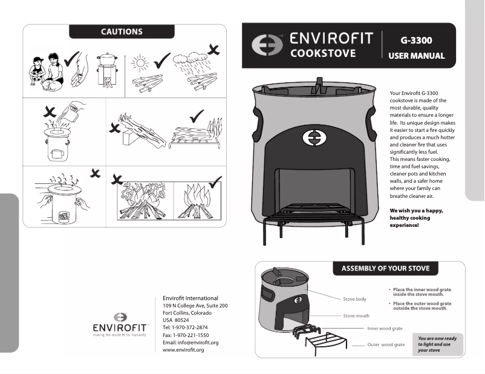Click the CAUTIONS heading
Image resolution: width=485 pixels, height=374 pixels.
click(122, 31)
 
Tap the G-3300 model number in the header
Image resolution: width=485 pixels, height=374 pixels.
click(415, 41)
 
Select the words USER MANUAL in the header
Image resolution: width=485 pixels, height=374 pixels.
click(416, 56)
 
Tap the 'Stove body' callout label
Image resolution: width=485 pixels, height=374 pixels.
click(354, 300)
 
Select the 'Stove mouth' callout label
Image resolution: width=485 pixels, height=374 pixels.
click(356, 316)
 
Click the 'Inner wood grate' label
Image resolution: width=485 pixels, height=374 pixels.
click(385, 329)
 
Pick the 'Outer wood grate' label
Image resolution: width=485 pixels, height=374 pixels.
click(386, 344)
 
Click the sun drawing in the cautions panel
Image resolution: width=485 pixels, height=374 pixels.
click(140, 63)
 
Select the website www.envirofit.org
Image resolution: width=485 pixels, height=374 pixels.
click(183, 350)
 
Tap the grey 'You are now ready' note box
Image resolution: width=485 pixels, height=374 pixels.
click(440, 344)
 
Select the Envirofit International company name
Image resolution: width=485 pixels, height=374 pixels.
click(190, 298)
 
